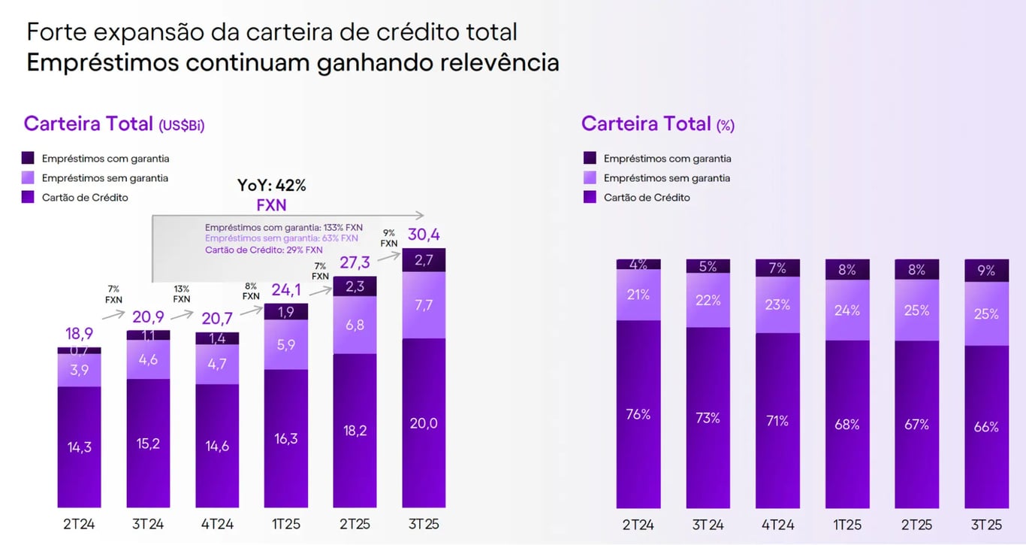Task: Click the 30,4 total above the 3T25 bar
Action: (x=424, y=235)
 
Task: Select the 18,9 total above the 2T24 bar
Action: (x=79, y=334)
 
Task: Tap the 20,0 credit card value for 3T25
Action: (x=424, y=423)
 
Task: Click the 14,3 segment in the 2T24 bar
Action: (x=79, y=447)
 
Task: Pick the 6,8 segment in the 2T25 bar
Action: (x=355, y=325)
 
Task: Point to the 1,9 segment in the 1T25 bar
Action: (x=286, y=311)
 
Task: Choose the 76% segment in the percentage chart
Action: (x=638, y=414)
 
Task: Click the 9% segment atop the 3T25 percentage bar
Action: (x=986, y=270)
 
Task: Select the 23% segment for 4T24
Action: (x=777, y=304)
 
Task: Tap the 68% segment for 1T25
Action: (x=847, y=424)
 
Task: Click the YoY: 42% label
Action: (x=272, y=186)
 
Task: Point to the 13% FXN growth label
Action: (x=182, y=294)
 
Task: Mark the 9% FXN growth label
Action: (x=388, y=238)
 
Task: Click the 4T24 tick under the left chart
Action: (x=217, y=524)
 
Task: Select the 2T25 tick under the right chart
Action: (x=916, y=525)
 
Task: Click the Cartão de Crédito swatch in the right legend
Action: (x=590, y=197)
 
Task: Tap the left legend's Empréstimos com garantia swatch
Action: (x=28, y=159)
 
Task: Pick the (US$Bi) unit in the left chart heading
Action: (x=181, y=126)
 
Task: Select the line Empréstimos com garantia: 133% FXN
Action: (x=283, y=227)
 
